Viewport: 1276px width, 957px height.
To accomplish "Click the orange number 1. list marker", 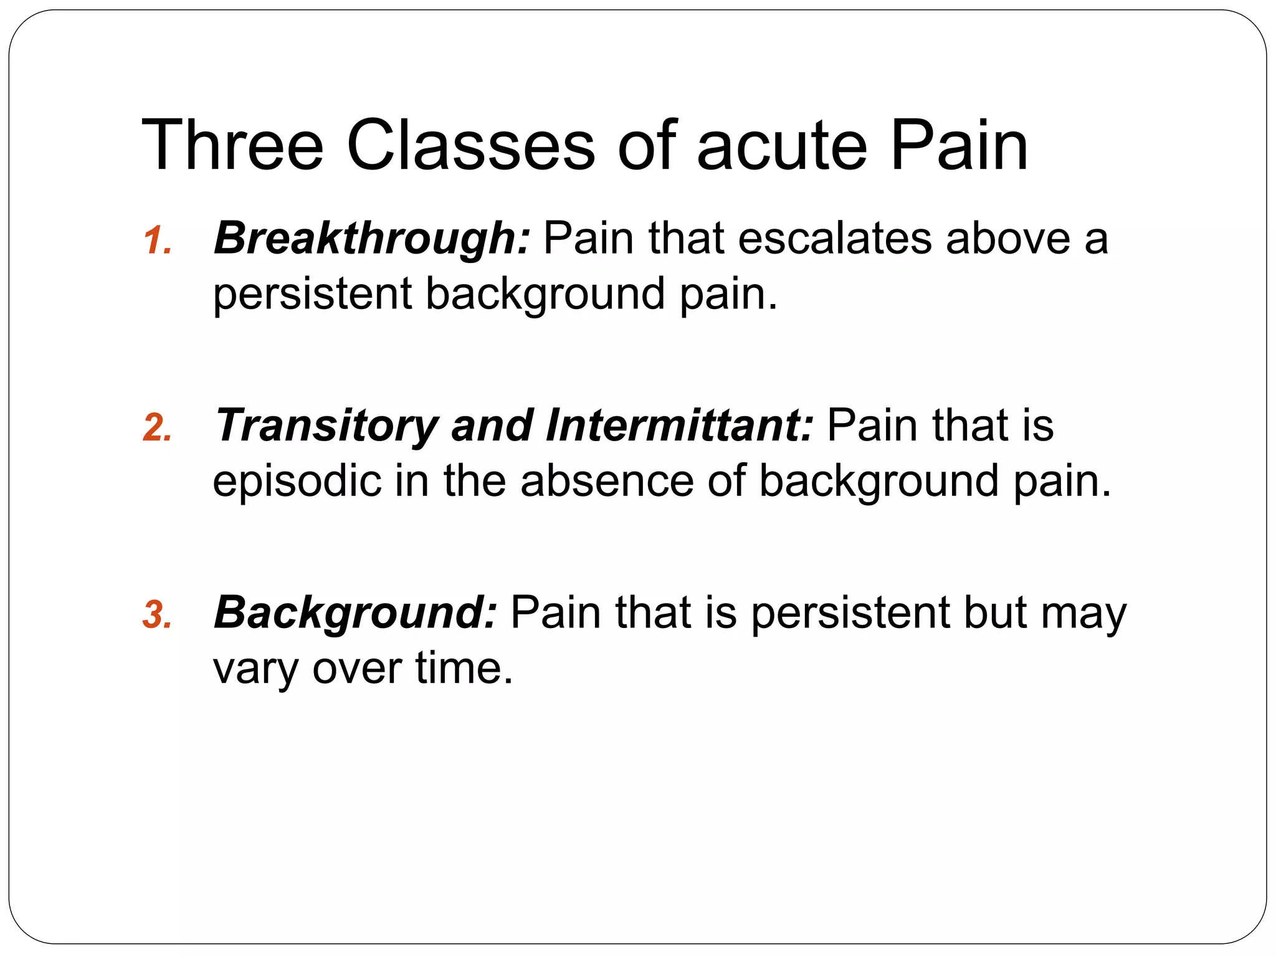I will (157, 241).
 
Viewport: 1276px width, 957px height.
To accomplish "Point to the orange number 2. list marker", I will (157, 429).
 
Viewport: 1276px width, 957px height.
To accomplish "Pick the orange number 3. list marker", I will (157, 615).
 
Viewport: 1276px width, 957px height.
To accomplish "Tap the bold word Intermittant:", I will (680, 426).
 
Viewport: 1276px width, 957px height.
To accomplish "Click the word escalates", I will (835, 239).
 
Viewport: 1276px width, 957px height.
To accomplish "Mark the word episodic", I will (297, 481).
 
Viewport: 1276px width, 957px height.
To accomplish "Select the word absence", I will (607, 481).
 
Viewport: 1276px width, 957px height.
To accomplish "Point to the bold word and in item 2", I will (492, 426).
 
